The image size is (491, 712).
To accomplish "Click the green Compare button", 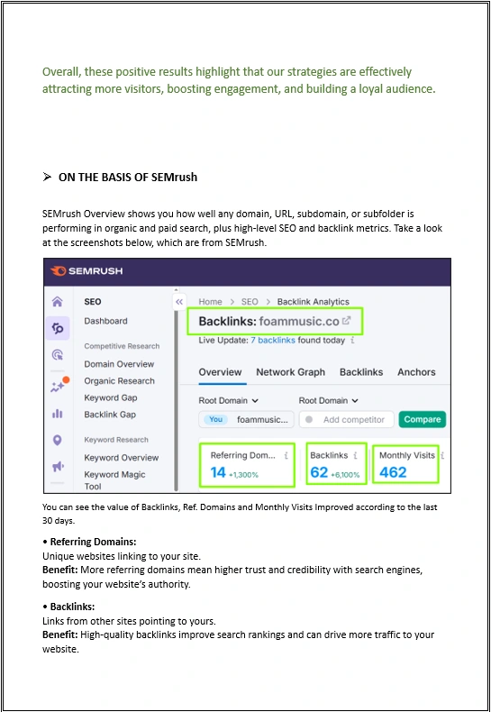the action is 422,419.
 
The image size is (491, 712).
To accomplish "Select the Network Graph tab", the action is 290,372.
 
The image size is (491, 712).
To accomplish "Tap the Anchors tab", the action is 416,372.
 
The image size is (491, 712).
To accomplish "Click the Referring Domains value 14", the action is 218,472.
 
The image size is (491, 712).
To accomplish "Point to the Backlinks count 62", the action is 319,472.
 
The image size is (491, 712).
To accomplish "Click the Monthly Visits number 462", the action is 393,472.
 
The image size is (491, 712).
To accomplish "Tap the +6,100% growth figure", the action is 345,475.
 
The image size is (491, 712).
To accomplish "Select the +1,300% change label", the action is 243,475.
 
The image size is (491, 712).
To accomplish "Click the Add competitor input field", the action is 347,420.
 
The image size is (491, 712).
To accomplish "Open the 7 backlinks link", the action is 273,340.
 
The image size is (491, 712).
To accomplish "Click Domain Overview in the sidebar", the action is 119,364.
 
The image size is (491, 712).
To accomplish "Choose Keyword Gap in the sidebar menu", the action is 110,397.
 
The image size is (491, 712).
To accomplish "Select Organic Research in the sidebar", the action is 119,381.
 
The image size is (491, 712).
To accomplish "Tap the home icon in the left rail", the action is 57,302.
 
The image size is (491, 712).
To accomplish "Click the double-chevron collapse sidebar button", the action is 179,302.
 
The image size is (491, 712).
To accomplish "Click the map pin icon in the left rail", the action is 57,440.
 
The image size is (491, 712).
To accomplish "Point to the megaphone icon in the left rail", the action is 58,466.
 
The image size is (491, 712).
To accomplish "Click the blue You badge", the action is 215,419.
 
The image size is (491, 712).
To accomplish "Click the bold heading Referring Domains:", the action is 93,542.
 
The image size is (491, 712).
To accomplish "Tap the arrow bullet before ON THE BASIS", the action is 47,177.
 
